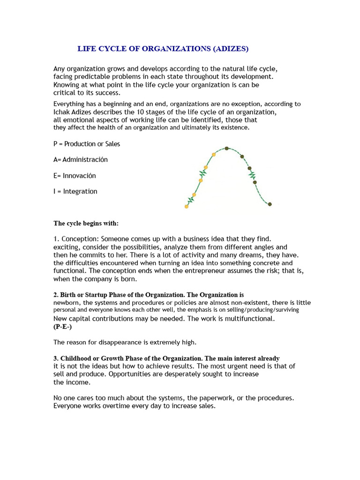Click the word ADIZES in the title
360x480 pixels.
231,48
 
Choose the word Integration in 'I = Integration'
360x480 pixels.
80,191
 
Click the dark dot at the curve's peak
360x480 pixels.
226,148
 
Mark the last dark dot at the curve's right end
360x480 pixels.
270,204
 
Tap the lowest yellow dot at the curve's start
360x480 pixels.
187,206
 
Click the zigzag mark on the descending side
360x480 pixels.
253,176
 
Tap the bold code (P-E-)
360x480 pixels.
63,326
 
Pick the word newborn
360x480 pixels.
67,303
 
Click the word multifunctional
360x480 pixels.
247,319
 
